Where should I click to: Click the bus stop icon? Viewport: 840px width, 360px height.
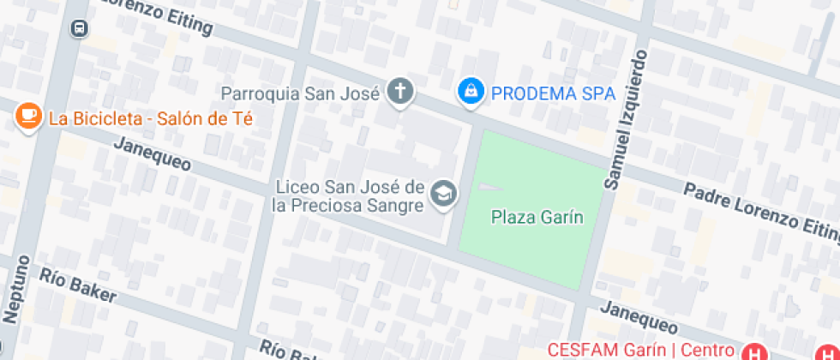click(79, 28)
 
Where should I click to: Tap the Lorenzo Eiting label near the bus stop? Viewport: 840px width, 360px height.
click(154, 15)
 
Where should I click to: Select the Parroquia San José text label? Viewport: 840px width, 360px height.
click(300, 93)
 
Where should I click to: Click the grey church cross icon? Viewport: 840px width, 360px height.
click(399, 91)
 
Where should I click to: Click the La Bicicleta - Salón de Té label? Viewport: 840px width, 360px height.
click(151, 118)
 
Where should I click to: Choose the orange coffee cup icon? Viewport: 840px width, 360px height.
click(28, 117)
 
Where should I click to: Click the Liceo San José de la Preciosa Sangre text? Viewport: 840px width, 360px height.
click(349, 196)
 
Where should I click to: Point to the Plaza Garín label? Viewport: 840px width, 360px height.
click(537, 218)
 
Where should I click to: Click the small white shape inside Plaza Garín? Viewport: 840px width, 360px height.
click(490, 187)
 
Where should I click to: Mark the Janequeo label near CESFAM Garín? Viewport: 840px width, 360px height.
click(639, 318)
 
